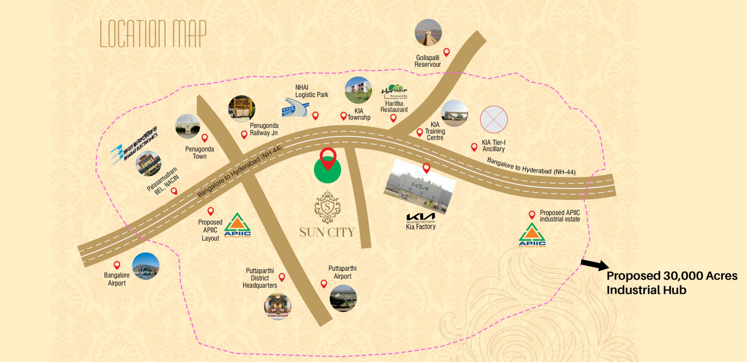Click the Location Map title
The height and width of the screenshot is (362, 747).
[x=153, y=34]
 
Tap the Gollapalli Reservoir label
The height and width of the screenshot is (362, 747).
[x=428, y=61]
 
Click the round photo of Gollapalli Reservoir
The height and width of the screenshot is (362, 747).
[x=428, y=33]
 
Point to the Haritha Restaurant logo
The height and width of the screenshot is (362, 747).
[x=394, y=93]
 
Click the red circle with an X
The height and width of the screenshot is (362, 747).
[x=494, y=119]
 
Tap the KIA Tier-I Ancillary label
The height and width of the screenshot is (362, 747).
[x=493, y=146]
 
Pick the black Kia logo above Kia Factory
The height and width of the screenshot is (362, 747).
[x=421, y=216]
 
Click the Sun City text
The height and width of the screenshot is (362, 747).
[x=327, y=231]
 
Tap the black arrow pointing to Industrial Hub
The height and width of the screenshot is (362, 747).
[x=594, y=265]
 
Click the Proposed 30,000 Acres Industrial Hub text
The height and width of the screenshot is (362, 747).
[x=672, y=283]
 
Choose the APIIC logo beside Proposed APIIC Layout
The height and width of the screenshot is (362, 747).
[x=237, y=226]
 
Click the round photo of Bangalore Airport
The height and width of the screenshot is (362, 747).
[x=146, y=266]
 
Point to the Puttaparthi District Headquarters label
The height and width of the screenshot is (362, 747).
[x=260, y=279]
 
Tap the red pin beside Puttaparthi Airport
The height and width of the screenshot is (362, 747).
[x=324, y=284]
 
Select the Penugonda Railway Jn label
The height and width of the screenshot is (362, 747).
[x=264, y=129]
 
